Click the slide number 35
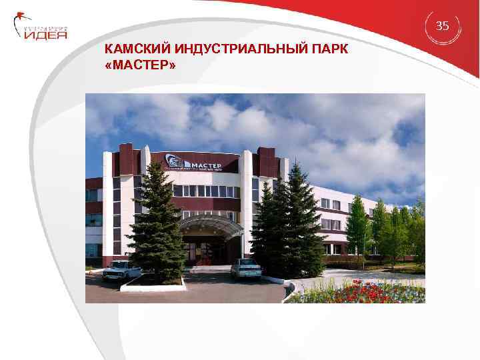[x=443, y=26]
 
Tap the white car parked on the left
[x=122, y=269]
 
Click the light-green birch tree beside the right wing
[x=358, y=227]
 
